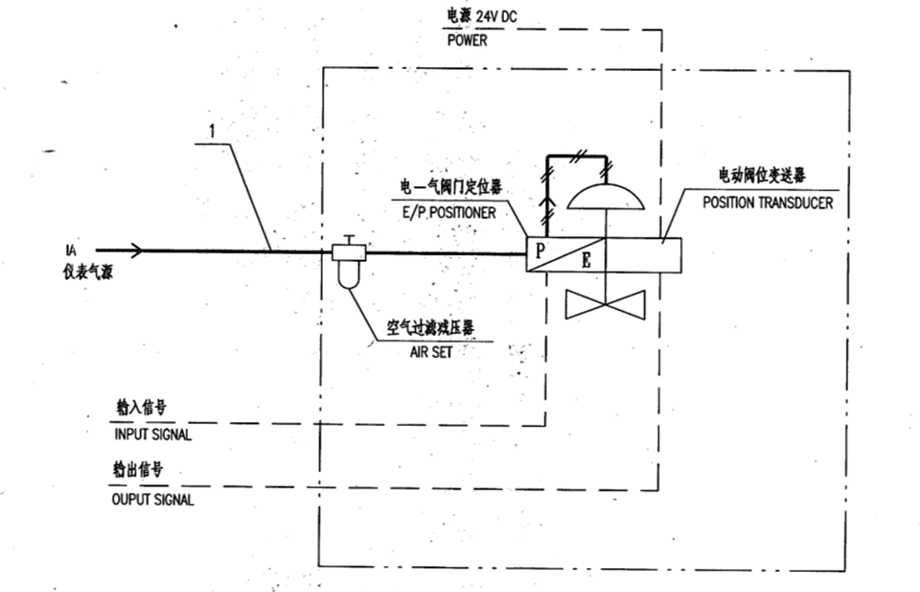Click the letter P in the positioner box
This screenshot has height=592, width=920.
pyautogui.click(x=540, y=250)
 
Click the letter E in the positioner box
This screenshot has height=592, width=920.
pyautogui.click(x=586, y=260)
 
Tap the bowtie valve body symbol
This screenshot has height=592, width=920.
pyautogui.click(x=605, y=304)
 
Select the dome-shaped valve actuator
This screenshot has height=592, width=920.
pyautogui.click(x=606, y=198)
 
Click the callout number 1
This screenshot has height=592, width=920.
pyautogui.click(x=212, y=130)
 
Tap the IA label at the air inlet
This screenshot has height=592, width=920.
pyautogui.click(x=71, y=250)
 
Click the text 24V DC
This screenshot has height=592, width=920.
pyautogui.click(x=496, y=16)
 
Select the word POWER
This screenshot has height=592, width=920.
pyautogui.click(x=467, y=40)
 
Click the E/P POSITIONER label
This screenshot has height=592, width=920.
pyautogui.click(x=448, y=213)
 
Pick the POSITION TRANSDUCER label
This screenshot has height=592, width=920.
pyautogui.click(x=768, y=202)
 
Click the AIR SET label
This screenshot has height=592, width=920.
pyautogui.click(x=431, y=352)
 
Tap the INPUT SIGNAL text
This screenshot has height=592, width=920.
pyautogui.click(x=152, y=435)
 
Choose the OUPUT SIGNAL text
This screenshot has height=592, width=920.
pyautogui.click(x=152, y=500)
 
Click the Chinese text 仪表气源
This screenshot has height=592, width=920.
pyautogui.click(x=88, y=272)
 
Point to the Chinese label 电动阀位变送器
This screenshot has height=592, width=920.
pyautogui.click(x=762, y=175)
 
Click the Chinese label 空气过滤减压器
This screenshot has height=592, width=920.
pyautogui.click(x=430, y=328)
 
